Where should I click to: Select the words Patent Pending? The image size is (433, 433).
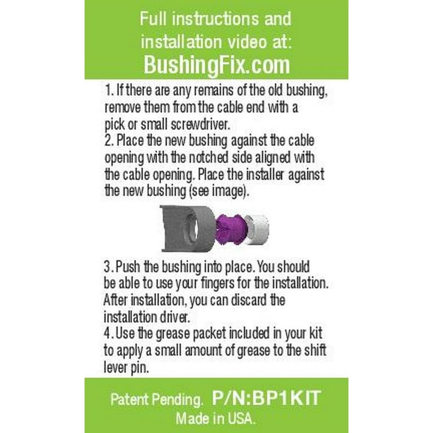[156, 400]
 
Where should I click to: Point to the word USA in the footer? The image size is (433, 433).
[243, 418]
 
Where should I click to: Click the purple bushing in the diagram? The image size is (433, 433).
[231, 229]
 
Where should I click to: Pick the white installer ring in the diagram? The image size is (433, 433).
[257, 230]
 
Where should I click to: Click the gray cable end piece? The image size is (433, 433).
[188, 229]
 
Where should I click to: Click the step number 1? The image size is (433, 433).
[109, 90]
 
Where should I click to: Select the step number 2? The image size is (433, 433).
[109, 140]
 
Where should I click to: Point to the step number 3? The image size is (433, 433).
[108, 267]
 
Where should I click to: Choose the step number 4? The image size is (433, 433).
[108, 333]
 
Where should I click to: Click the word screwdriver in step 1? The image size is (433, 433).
[201, 124]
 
